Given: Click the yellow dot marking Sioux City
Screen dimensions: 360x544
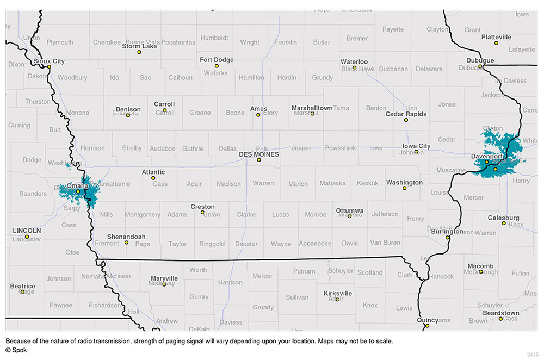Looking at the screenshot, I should [49, 67].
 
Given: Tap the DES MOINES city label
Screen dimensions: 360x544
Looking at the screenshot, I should [259, 154].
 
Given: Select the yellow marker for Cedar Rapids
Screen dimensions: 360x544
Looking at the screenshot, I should [406, 120].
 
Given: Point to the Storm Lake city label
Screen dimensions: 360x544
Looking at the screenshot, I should [139, 46].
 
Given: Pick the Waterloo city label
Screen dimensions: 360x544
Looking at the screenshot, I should [354, 62].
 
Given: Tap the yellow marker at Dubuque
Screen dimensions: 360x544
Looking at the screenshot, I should [480, 66].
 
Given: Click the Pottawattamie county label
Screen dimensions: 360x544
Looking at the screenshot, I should [112, 184].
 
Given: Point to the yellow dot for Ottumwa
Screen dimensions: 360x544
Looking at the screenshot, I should [350, 216].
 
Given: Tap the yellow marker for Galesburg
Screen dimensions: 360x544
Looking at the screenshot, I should [504, 223].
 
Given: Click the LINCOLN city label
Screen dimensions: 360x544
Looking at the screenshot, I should [27, 231].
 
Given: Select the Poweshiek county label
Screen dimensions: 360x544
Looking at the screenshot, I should [340, 148].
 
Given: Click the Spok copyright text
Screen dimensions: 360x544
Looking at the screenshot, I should [16, 350].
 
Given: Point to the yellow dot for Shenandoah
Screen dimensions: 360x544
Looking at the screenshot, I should [127, 243].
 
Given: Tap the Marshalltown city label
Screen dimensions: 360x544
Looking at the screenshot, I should [312, 108].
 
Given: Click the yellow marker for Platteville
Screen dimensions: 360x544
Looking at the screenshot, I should [496, 42].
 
